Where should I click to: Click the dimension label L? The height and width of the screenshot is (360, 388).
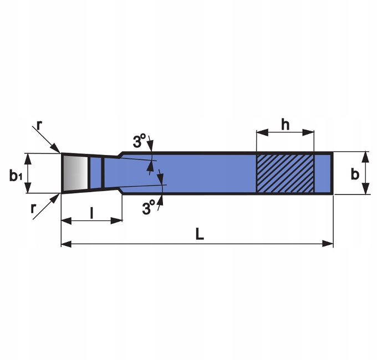(x=200, y=234)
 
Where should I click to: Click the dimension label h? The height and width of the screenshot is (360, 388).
(x=285, y=124)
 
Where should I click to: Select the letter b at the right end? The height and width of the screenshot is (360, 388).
(x=355, y=173)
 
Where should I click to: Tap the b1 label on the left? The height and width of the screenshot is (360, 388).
(x=15, y=176)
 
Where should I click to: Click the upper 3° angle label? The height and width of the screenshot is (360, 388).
(x=139, y=142)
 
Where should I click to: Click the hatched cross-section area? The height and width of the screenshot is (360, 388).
(x=284, y=173)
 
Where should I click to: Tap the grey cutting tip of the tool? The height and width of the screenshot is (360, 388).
(x=74, y=173)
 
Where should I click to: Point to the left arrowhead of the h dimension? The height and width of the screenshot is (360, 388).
(x=259, y=133)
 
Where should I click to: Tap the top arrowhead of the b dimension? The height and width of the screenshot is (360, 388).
(x=365, y=156)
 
